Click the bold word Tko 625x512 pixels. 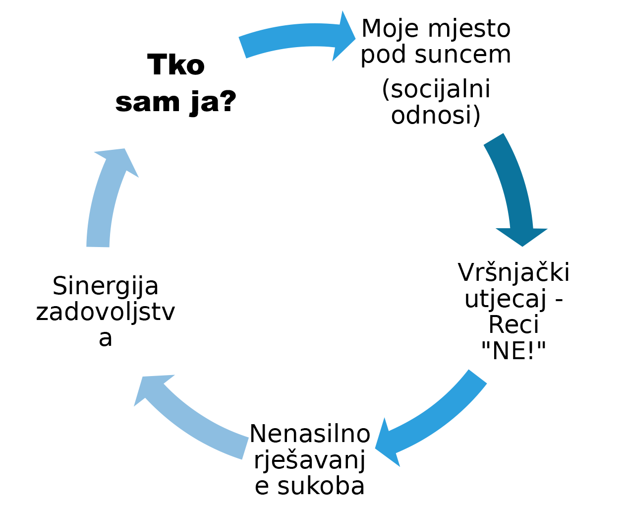click(176, 65)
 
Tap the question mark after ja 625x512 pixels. click(227, 101)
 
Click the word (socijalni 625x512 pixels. click(436, 90)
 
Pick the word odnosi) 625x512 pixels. click(436, 115)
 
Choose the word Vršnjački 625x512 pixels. click(513, 272)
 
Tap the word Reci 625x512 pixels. click(513, 325)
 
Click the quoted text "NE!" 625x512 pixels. click(513, 351)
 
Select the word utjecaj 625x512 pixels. click(506, 299)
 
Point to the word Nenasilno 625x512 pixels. click(310, 434)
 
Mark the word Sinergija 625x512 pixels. click(106, 286)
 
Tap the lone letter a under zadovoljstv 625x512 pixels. click(106, 338)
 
